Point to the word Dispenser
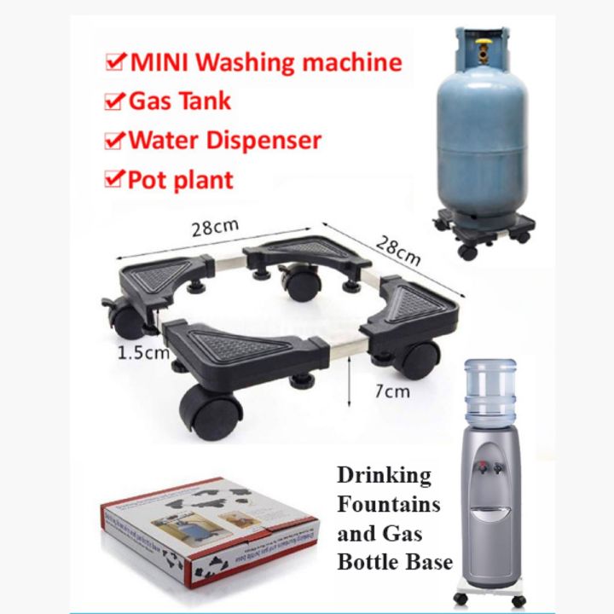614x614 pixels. (x=270, y=140)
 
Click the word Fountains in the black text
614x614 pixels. (x=389, y=504)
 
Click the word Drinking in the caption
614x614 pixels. (x=384, y=475)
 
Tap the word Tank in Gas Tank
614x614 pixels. (x=204, y=101)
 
